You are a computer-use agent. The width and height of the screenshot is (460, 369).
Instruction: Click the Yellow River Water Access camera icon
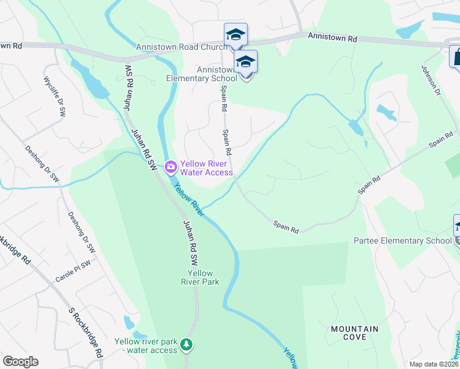pos(170,166)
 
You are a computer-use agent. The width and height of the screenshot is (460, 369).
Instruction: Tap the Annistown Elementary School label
pos(201,74)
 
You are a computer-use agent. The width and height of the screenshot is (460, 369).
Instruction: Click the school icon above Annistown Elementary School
pos(245,62)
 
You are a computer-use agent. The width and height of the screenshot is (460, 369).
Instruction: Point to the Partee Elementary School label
pos(402,240)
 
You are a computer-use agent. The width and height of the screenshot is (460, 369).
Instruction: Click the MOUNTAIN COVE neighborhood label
pos(355,333)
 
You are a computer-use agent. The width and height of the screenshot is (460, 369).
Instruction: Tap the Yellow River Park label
pos(200,278)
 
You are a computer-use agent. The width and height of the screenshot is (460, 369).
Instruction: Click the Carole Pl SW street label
pos(73,269)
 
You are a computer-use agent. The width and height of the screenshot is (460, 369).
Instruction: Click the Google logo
pos(20,362)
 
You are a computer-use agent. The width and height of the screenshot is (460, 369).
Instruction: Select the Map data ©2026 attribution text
pos(434,364)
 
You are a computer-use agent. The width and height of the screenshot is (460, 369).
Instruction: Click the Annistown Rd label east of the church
pos(333,38)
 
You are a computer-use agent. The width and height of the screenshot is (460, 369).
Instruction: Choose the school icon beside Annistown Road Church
pos(235,35)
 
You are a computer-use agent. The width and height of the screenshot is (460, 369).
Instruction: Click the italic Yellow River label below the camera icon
pos(188,200)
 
